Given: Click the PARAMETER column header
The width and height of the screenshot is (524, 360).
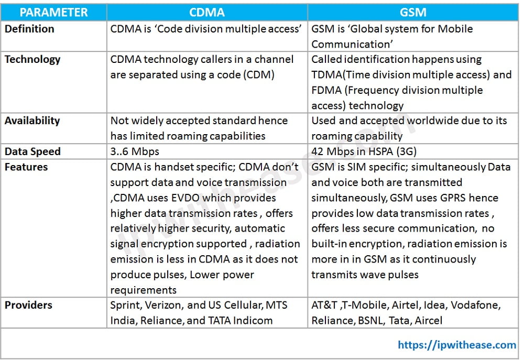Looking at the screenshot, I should pos(54,12).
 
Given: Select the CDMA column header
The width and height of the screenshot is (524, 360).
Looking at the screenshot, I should pos(207,12).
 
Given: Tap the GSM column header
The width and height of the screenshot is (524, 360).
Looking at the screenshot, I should pos(413,12).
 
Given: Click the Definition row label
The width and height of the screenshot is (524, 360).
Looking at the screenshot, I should pos(29,29).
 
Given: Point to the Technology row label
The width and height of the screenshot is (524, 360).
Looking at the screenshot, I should pos(32,60).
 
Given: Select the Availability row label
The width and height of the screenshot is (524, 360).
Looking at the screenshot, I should pos(32,121).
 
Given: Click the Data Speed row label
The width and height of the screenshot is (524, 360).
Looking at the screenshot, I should pos(32,151).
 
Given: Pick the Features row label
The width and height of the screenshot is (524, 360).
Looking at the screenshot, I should pos(26,167).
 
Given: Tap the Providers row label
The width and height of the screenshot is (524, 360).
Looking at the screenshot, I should pos(28,305).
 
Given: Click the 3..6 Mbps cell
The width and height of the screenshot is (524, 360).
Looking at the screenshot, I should pos(135,151).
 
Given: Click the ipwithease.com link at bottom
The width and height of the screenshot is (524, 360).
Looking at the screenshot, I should pos(457,344).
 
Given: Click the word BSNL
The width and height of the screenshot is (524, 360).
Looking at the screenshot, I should pos(367,320).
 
